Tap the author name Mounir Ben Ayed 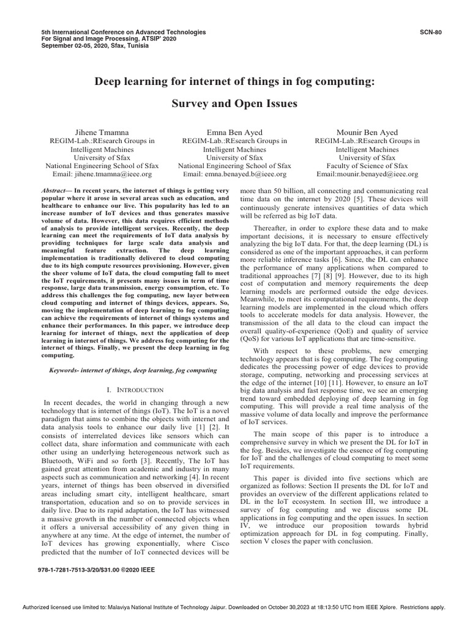367,132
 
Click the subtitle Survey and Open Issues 234,103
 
